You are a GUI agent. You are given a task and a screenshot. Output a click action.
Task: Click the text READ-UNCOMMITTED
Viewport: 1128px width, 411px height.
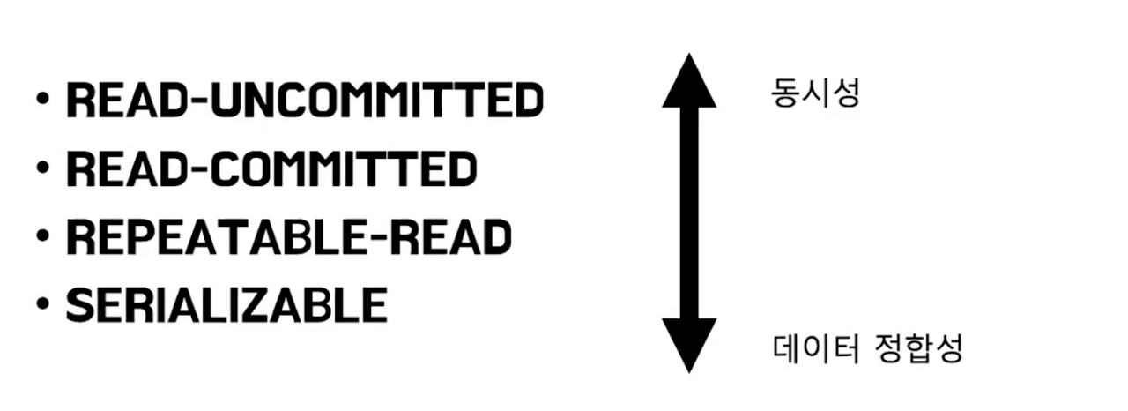coord(304,101)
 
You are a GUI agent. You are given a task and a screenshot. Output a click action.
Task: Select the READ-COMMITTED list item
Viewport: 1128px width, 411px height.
coord(271,169)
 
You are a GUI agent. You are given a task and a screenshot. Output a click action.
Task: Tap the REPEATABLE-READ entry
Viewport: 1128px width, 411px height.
coord(289,237)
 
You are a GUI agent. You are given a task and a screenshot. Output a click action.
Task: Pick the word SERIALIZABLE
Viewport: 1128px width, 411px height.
coord(226,305)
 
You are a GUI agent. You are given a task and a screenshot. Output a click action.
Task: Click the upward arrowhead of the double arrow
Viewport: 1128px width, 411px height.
coord(689,81)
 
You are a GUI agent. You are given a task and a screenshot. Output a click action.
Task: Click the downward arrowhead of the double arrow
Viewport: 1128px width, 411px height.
coord(689,347)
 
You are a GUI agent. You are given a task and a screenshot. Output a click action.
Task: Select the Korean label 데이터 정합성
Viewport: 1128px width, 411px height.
coord(868,349)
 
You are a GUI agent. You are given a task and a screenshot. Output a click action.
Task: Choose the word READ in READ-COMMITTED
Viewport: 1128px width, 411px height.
coord(123,169)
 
